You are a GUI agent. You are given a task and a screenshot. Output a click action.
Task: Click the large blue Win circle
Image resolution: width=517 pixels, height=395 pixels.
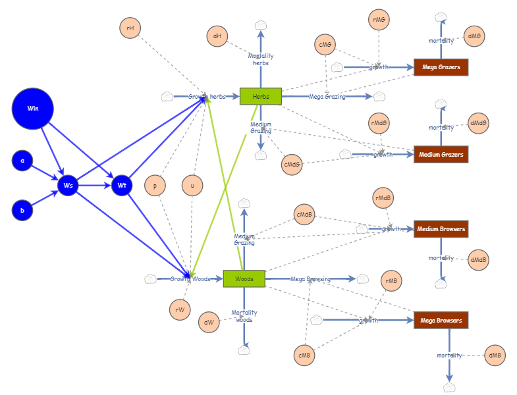(x=33, y=109)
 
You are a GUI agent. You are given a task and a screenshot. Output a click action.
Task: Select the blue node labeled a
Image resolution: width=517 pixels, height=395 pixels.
(x=22, y=161)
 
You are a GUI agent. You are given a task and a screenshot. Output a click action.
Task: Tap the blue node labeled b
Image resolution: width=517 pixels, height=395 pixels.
(x=22, y=211)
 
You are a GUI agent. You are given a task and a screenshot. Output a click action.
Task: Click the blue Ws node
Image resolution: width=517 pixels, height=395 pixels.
(x=68, y=186)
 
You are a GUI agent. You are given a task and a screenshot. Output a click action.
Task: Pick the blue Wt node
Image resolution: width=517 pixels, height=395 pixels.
(x=122, y=186)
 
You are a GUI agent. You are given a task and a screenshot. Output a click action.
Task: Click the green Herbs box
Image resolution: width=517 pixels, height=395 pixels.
(x=261, y=97)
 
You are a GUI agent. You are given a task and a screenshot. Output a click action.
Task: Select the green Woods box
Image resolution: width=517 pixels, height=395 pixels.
(x=244, y=279)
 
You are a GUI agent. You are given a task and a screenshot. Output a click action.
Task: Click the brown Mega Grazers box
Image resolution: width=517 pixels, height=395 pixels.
(x=441, y=67)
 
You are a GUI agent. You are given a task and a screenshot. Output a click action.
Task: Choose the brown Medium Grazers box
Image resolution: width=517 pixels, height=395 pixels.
(x=441, y=155)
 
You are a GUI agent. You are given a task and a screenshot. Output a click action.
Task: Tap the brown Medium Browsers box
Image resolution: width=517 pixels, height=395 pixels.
(x=441, y=230)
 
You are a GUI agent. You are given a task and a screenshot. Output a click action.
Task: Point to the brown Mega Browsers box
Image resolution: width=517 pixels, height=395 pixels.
(x=441, y=321)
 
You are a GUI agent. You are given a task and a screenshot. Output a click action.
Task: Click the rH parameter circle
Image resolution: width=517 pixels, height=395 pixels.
(x=130, y=28)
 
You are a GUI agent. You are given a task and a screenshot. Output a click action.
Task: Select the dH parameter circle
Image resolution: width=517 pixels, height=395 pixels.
(x=217, y=37)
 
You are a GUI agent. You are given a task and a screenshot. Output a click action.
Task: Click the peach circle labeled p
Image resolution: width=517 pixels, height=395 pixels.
(x=155, y=186)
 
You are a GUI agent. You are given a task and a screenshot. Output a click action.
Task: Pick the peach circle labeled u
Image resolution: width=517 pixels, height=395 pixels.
(x=192, y=186)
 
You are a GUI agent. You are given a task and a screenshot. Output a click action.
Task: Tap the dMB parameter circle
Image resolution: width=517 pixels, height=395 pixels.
(x=495, y=355)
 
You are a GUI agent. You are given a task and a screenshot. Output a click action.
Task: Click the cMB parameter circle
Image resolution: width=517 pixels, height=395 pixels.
(x=304, y=355)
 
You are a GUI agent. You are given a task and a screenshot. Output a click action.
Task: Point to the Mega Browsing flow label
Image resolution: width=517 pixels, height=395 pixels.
(x=311, y=279)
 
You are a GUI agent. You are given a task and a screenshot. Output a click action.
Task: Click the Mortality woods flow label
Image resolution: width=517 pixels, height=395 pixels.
(x=244, y=317)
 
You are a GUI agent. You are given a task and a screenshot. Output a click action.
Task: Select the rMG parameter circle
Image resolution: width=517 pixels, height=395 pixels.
(x=379, y=20)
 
